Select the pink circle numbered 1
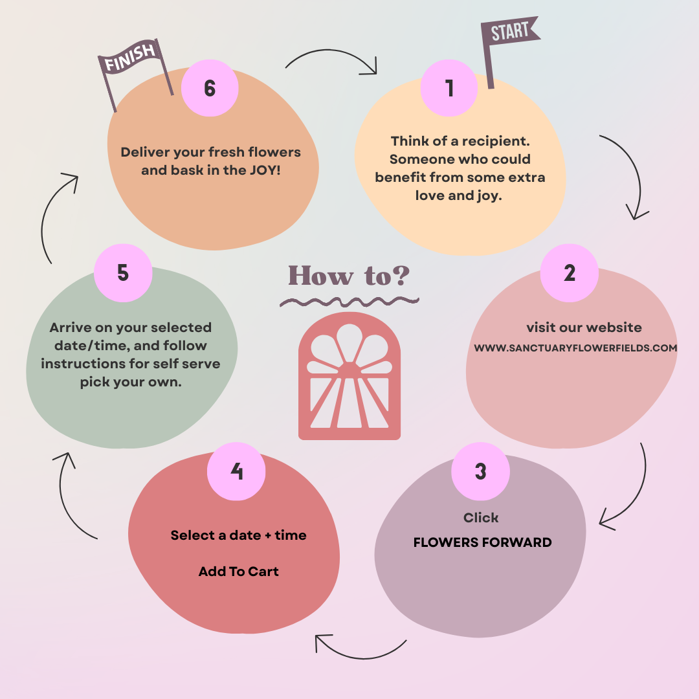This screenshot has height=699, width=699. (449, 88)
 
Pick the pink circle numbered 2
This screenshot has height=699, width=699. (569, 272)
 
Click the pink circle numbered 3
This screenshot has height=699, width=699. (480, 471)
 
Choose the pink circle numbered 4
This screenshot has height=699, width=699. (236, 471)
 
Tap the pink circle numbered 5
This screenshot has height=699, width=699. (123, 272)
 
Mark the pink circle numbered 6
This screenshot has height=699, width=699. (210, 88)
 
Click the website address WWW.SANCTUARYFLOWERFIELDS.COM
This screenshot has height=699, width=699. (575, 348)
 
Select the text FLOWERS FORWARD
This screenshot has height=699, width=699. (482, 542)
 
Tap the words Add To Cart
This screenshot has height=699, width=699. (238, 571)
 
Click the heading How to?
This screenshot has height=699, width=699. (349, 275)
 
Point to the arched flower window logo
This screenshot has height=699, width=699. (349, 375)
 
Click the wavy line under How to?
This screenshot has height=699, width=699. (349, 301)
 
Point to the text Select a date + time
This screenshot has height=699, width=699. (238, 535)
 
